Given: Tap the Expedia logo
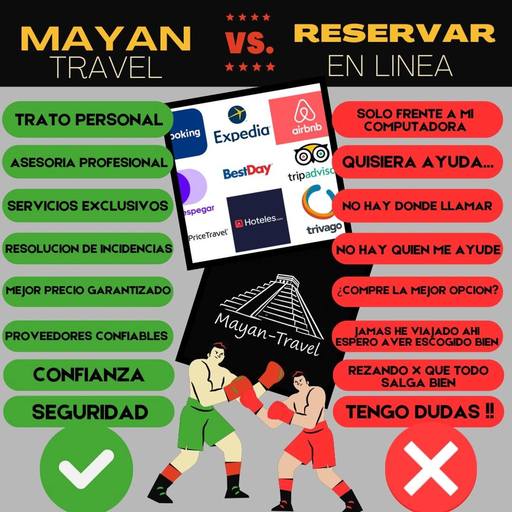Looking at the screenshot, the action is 242,124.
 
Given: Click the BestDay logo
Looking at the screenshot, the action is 247,171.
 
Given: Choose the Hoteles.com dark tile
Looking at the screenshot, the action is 258,220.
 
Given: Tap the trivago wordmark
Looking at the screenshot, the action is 325,228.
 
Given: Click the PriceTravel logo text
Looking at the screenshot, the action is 208,235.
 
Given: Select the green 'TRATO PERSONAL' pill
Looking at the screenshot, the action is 87,119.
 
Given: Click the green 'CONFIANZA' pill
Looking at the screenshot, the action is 88,375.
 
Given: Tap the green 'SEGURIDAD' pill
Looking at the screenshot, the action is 88,412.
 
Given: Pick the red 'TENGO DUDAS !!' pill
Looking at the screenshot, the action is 418,412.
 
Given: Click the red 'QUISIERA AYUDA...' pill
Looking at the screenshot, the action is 417,162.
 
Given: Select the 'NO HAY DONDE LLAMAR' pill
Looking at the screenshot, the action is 417,206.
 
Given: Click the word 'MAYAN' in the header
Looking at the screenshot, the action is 105,38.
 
